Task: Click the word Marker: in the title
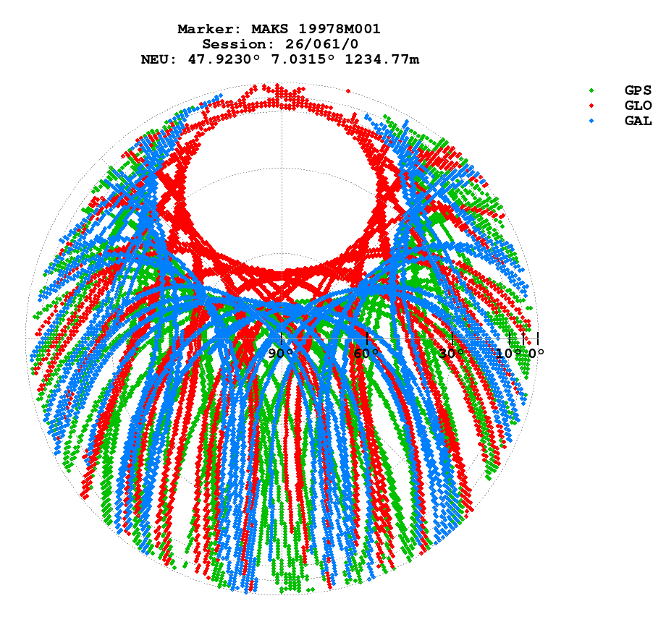[x=209, y=29]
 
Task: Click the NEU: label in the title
[x=159, y=59]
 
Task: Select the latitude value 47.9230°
[x=220, y=59]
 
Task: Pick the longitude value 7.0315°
[x=298, y=59]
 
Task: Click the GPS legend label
[x=638, y=90]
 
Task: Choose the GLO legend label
[x=638, y=106]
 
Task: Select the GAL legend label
[x=638, y=121]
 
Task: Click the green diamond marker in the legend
[x=591, y=90]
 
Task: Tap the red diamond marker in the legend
[x=591, y=106]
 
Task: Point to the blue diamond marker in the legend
[x=591, y=121]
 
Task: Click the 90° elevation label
[x=281, y=354]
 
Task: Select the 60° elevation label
[x=366, y=354]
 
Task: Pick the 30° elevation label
[x=452, y=354]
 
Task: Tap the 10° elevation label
[x=509, y=354]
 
